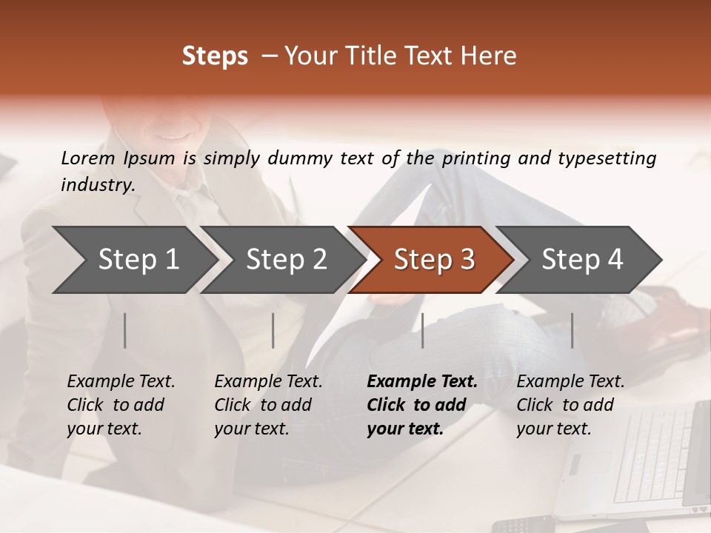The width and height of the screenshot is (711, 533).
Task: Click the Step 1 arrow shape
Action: click(133, 259)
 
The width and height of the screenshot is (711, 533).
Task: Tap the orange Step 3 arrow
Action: click(432, 259)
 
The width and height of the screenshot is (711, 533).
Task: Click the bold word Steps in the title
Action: click(215, 56)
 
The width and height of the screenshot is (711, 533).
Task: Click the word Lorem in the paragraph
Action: click(88, 158)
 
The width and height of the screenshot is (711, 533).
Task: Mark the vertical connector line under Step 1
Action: click(125, 330)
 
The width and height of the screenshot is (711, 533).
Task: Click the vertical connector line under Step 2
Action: click(273, 330)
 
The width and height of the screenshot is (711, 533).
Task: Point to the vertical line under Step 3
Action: click(422, 330)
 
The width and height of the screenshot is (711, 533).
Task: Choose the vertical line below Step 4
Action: click(572, 330)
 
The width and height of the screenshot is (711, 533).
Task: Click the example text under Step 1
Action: click(121, 405)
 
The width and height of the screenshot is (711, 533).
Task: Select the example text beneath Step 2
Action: click(268, 405)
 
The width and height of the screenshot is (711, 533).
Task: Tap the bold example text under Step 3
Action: click(422, 405)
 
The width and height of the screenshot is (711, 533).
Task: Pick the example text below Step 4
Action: click(570, 405)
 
